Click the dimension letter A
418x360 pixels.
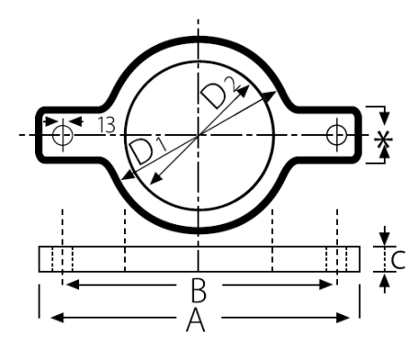[x=196, y=321]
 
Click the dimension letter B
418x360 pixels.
[x=198, y=289]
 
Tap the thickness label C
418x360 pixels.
[x=399, y=260]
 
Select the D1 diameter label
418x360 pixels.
[x=148, y=151]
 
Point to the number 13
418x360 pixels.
[x=107, y=125]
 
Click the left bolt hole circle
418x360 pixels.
[x=62, y=135]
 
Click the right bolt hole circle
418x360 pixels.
[x=336, y=135]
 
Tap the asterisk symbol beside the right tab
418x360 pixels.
[x=383, y=140]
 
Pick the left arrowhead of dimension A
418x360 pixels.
[x=57, y=318]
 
